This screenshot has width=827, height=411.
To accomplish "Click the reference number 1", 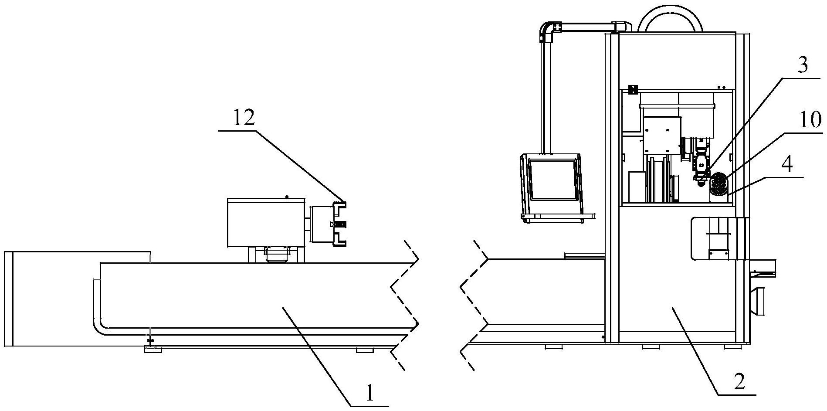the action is click(x=369, y=393).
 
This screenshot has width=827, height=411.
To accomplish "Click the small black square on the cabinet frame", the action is click(x=633, y=89).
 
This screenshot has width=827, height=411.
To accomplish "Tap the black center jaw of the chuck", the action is click(x=340, y=224).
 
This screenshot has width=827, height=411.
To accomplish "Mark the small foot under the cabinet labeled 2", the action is click(x=650, y=347).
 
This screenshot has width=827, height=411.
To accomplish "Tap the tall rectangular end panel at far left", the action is click(x=9, y=299).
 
